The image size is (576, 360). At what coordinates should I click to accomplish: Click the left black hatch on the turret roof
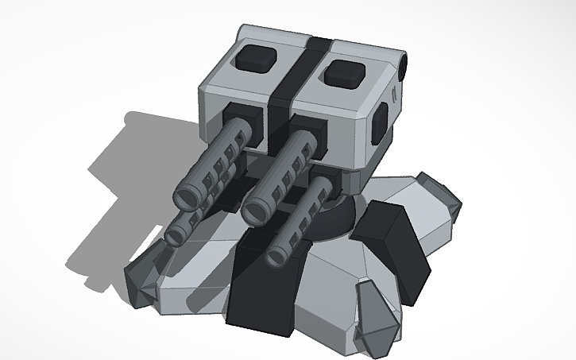[x=257, y=56]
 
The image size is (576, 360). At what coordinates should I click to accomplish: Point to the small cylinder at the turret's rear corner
[x=405, y=64]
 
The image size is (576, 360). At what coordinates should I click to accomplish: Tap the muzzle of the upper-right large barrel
[x=257, y=211]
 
